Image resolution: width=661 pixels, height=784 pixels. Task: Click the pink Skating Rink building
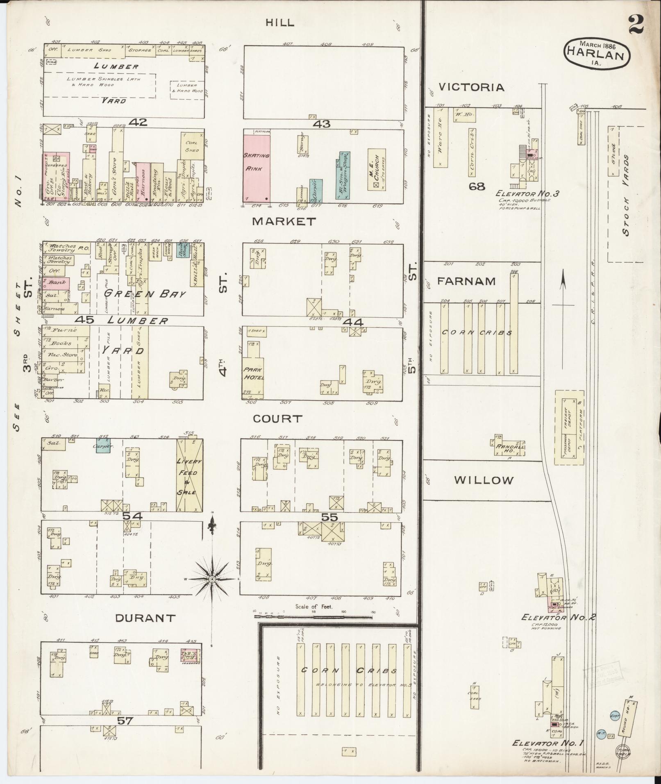tap(257, 167)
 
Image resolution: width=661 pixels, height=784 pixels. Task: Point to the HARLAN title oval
tap(597, 55)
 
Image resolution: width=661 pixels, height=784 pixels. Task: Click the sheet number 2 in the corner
tap(636, 24)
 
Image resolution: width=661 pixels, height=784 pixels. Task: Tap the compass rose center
tap(212, 579)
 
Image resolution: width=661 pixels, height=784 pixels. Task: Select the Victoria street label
tap(471, 87)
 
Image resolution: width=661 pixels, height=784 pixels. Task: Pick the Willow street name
tap(484, 480)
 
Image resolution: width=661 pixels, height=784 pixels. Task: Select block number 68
tap(477, 186)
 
